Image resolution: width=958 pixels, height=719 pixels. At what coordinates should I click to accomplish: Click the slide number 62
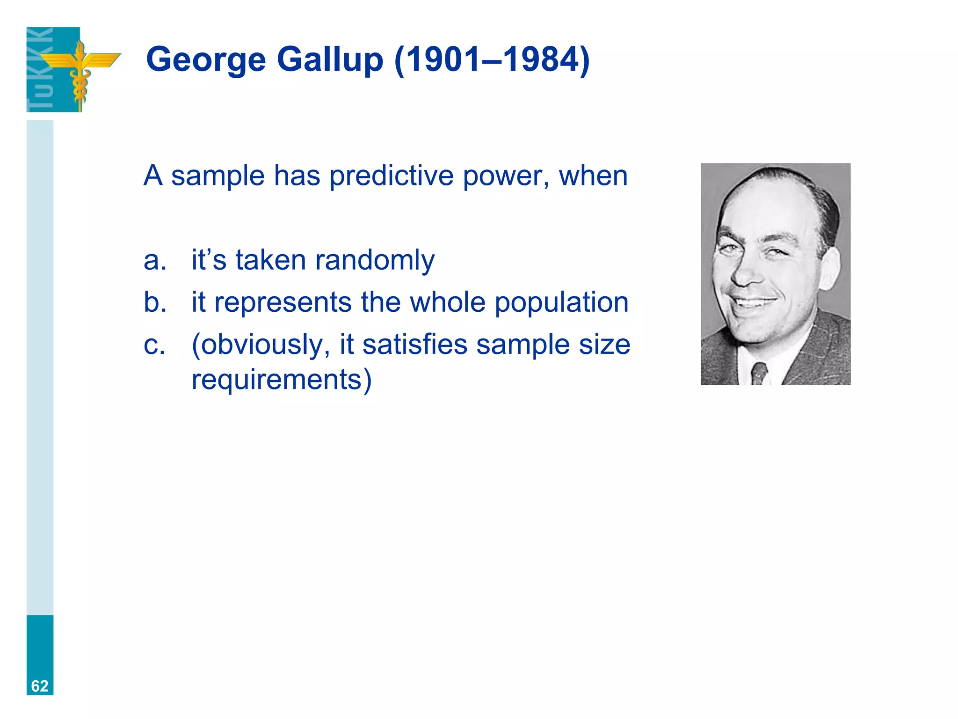click(40, 686)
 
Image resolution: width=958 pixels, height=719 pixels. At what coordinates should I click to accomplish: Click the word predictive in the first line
click(391, 176)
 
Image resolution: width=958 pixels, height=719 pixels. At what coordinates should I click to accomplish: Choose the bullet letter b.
click(155, 302)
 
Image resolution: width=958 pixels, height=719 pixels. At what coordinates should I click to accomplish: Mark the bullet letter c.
click(154, 345)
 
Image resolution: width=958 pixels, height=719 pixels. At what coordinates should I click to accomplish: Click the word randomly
click(375, 261)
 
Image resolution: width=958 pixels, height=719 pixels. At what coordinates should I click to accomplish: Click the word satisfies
click(414, 345)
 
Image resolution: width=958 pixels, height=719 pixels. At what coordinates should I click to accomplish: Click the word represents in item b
click(283, 303)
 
